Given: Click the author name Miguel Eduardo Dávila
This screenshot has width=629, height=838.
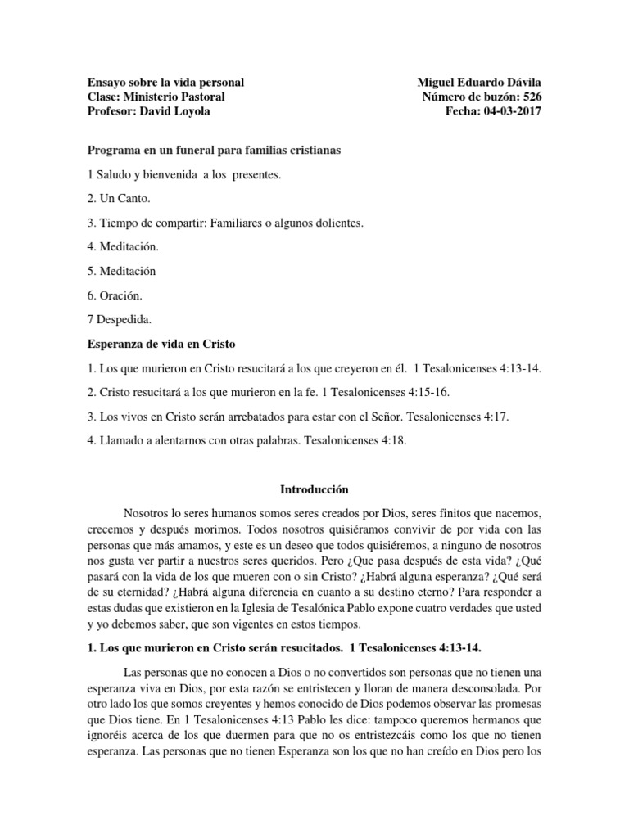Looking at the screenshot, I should [479, 83].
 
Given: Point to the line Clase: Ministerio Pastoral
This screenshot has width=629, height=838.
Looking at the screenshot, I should [156, 97].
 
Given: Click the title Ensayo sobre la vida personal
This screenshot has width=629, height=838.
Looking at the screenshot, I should [165, 83].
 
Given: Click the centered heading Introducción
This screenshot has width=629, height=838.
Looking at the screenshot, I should [314, 489].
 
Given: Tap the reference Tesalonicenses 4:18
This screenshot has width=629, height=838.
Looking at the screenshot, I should [355, 440].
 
